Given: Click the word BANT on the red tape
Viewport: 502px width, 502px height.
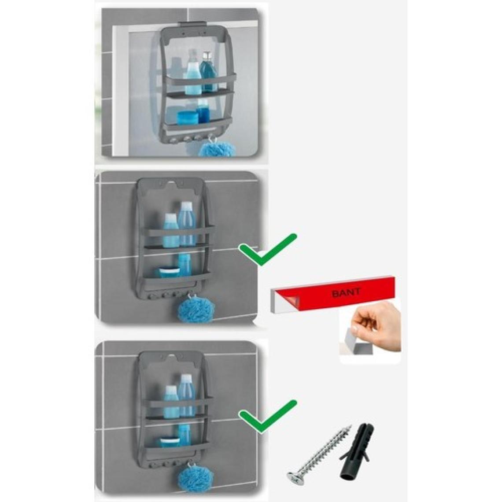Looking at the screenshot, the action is point(346,293).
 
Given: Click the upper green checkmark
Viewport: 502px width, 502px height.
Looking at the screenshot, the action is point(268,250).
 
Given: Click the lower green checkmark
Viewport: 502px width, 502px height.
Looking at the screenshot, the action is point(268,416).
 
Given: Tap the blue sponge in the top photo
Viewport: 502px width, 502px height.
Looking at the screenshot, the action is point(218,149).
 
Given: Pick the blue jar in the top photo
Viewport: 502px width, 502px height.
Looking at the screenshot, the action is point(187,117).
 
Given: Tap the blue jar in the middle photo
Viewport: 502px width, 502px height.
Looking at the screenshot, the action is point(170,273).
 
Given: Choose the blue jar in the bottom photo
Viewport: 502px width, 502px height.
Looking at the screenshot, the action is point(170,442).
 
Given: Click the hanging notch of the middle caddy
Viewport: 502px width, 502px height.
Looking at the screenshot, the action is point(173,184).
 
